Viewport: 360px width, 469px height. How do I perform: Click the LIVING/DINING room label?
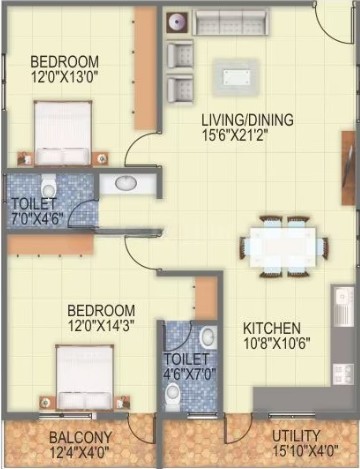pos(247,119)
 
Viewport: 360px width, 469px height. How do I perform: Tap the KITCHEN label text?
pos(272,328)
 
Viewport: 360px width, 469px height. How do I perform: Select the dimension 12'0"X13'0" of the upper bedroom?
pos(65,77)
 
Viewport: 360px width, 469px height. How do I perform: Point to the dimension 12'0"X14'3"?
pos(101,325)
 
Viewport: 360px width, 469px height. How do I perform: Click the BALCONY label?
pos(81,437)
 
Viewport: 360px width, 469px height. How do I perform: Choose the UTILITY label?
pos(296,436)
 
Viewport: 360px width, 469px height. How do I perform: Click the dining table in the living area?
pos(283,247)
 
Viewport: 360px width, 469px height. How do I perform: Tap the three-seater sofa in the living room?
pos(230,22)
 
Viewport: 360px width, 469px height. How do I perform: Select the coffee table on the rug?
pos(237,78)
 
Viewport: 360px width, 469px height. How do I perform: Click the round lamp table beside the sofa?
pos(177,22)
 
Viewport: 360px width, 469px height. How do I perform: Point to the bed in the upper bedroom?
pos(63,133)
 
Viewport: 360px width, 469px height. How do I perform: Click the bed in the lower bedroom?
pos(85,377)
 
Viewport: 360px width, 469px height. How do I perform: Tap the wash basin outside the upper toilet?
pos(126,183)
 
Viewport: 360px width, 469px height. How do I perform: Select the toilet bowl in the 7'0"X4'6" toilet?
pos(49,187)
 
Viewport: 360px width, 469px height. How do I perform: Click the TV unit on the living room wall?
pos(350,167)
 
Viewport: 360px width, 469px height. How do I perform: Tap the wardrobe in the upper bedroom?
pos(146,68)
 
